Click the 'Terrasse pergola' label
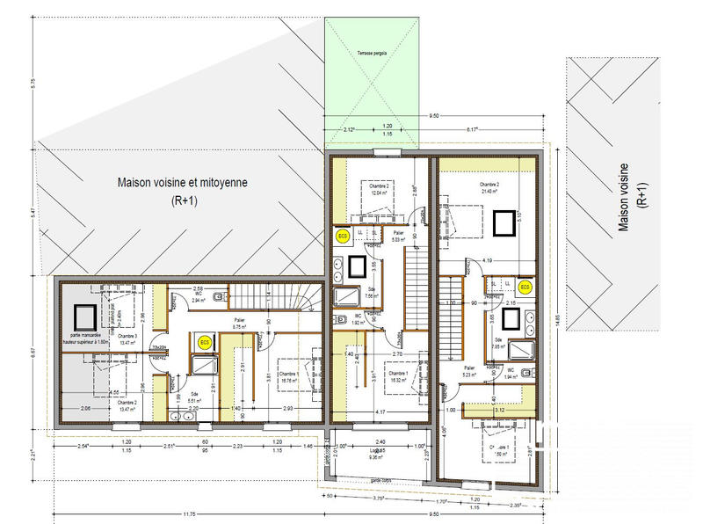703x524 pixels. pos(373,55)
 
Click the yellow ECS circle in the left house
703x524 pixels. pos(205,344)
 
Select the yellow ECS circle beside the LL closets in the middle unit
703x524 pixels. pos(343,237)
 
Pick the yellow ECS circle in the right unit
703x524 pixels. pos(525,287)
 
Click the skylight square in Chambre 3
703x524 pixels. pos(85,315)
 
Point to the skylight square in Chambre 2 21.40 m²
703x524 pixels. pos(503,224)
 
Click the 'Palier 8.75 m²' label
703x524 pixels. pos(240,323)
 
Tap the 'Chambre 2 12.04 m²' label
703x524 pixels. pos(379,190)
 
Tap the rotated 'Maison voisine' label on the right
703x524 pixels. pos(634,198)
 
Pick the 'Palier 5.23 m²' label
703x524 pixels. pos(469,371)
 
